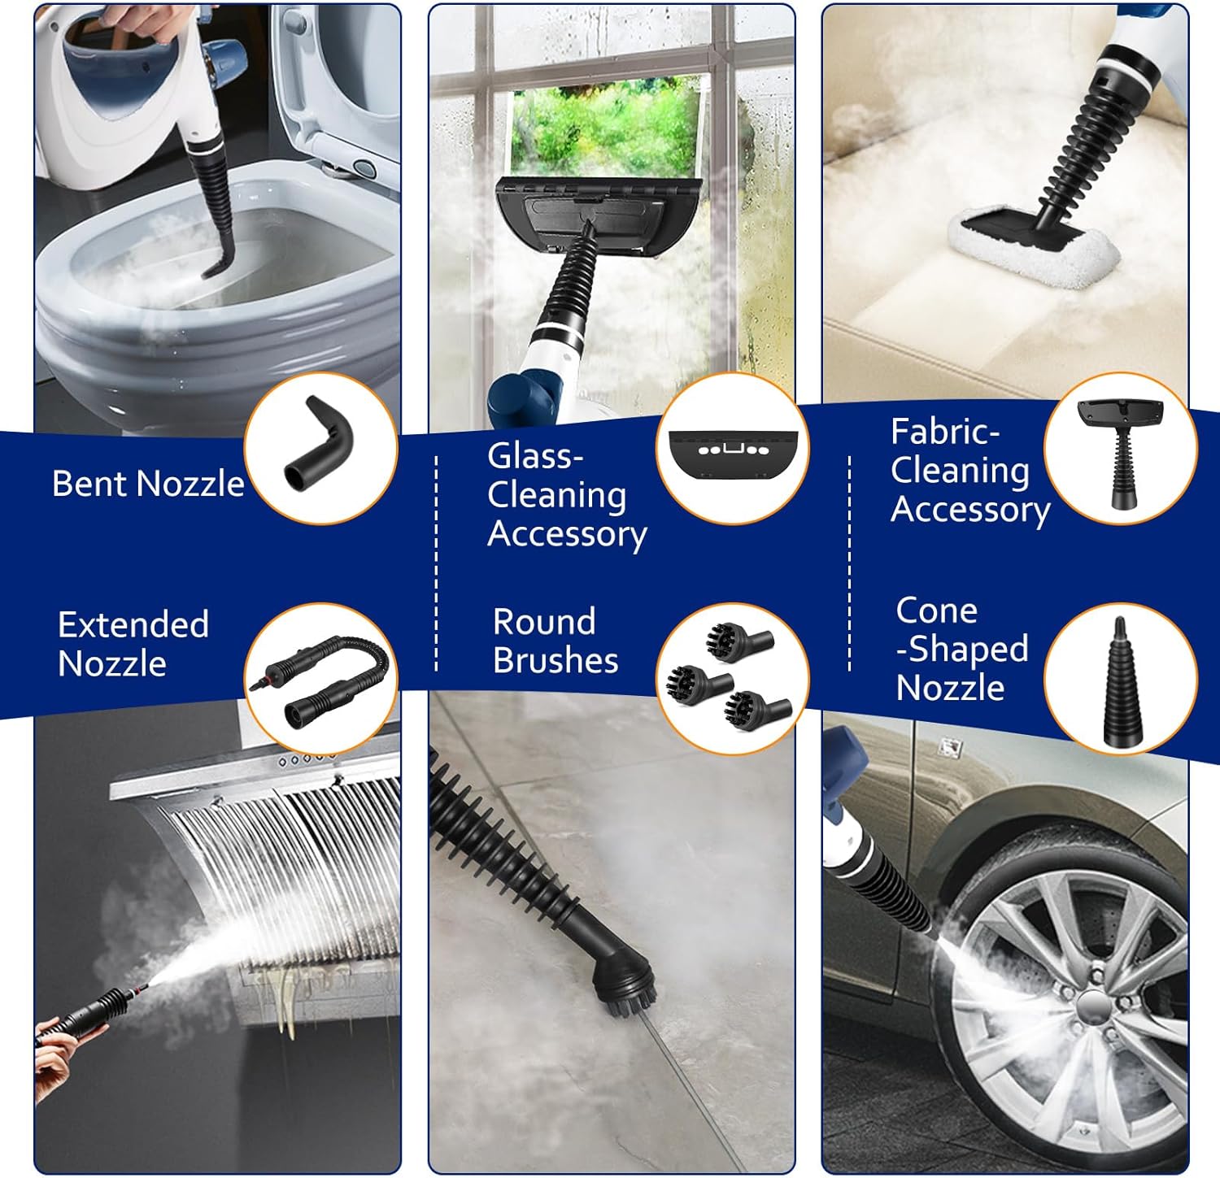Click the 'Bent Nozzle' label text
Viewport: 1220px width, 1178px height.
pos(148,484)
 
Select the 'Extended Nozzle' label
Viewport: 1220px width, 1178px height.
pos(133,644)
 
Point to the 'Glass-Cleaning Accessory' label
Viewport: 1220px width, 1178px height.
pos(567,496)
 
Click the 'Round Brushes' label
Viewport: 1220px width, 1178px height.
pos(556,641)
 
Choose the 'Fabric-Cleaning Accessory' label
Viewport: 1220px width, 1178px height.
pos(970,471)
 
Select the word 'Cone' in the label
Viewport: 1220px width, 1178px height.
pos(936,611)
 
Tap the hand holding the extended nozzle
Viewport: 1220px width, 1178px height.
pos(54,1057)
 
